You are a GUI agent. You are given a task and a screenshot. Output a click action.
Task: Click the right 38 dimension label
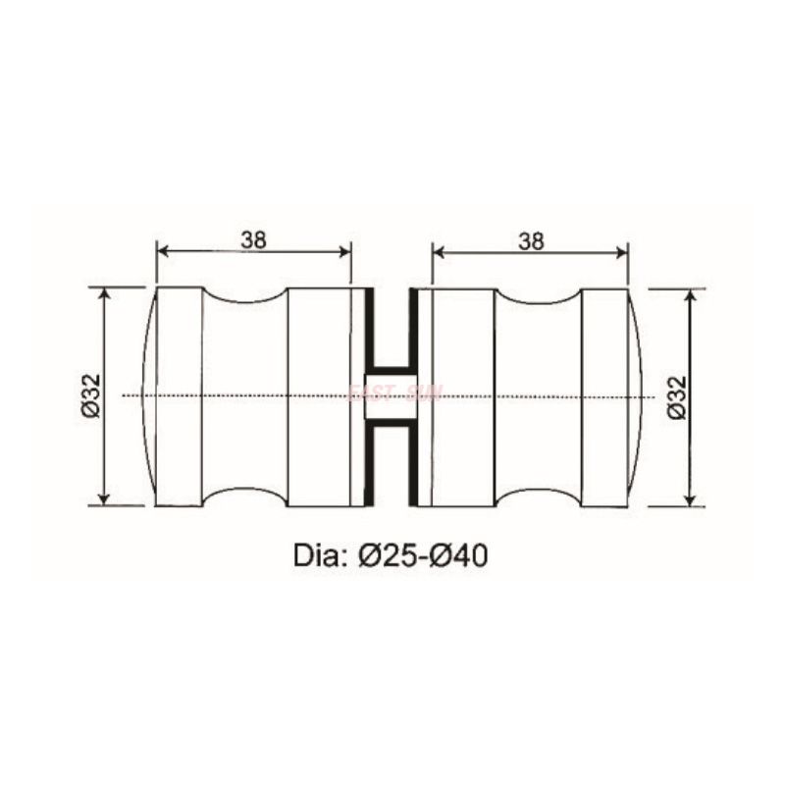(x=531, y=238)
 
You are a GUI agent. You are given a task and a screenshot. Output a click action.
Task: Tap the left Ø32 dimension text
(x=89, y=396)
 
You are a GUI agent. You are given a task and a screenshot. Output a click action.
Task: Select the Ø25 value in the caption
(x=391, y=555)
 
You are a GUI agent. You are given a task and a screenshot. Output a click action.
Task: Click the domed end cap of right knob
(x=635, y=396)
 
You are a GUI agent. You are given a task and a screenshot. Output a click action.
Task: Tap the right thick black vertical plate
(x=413, y=396)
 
